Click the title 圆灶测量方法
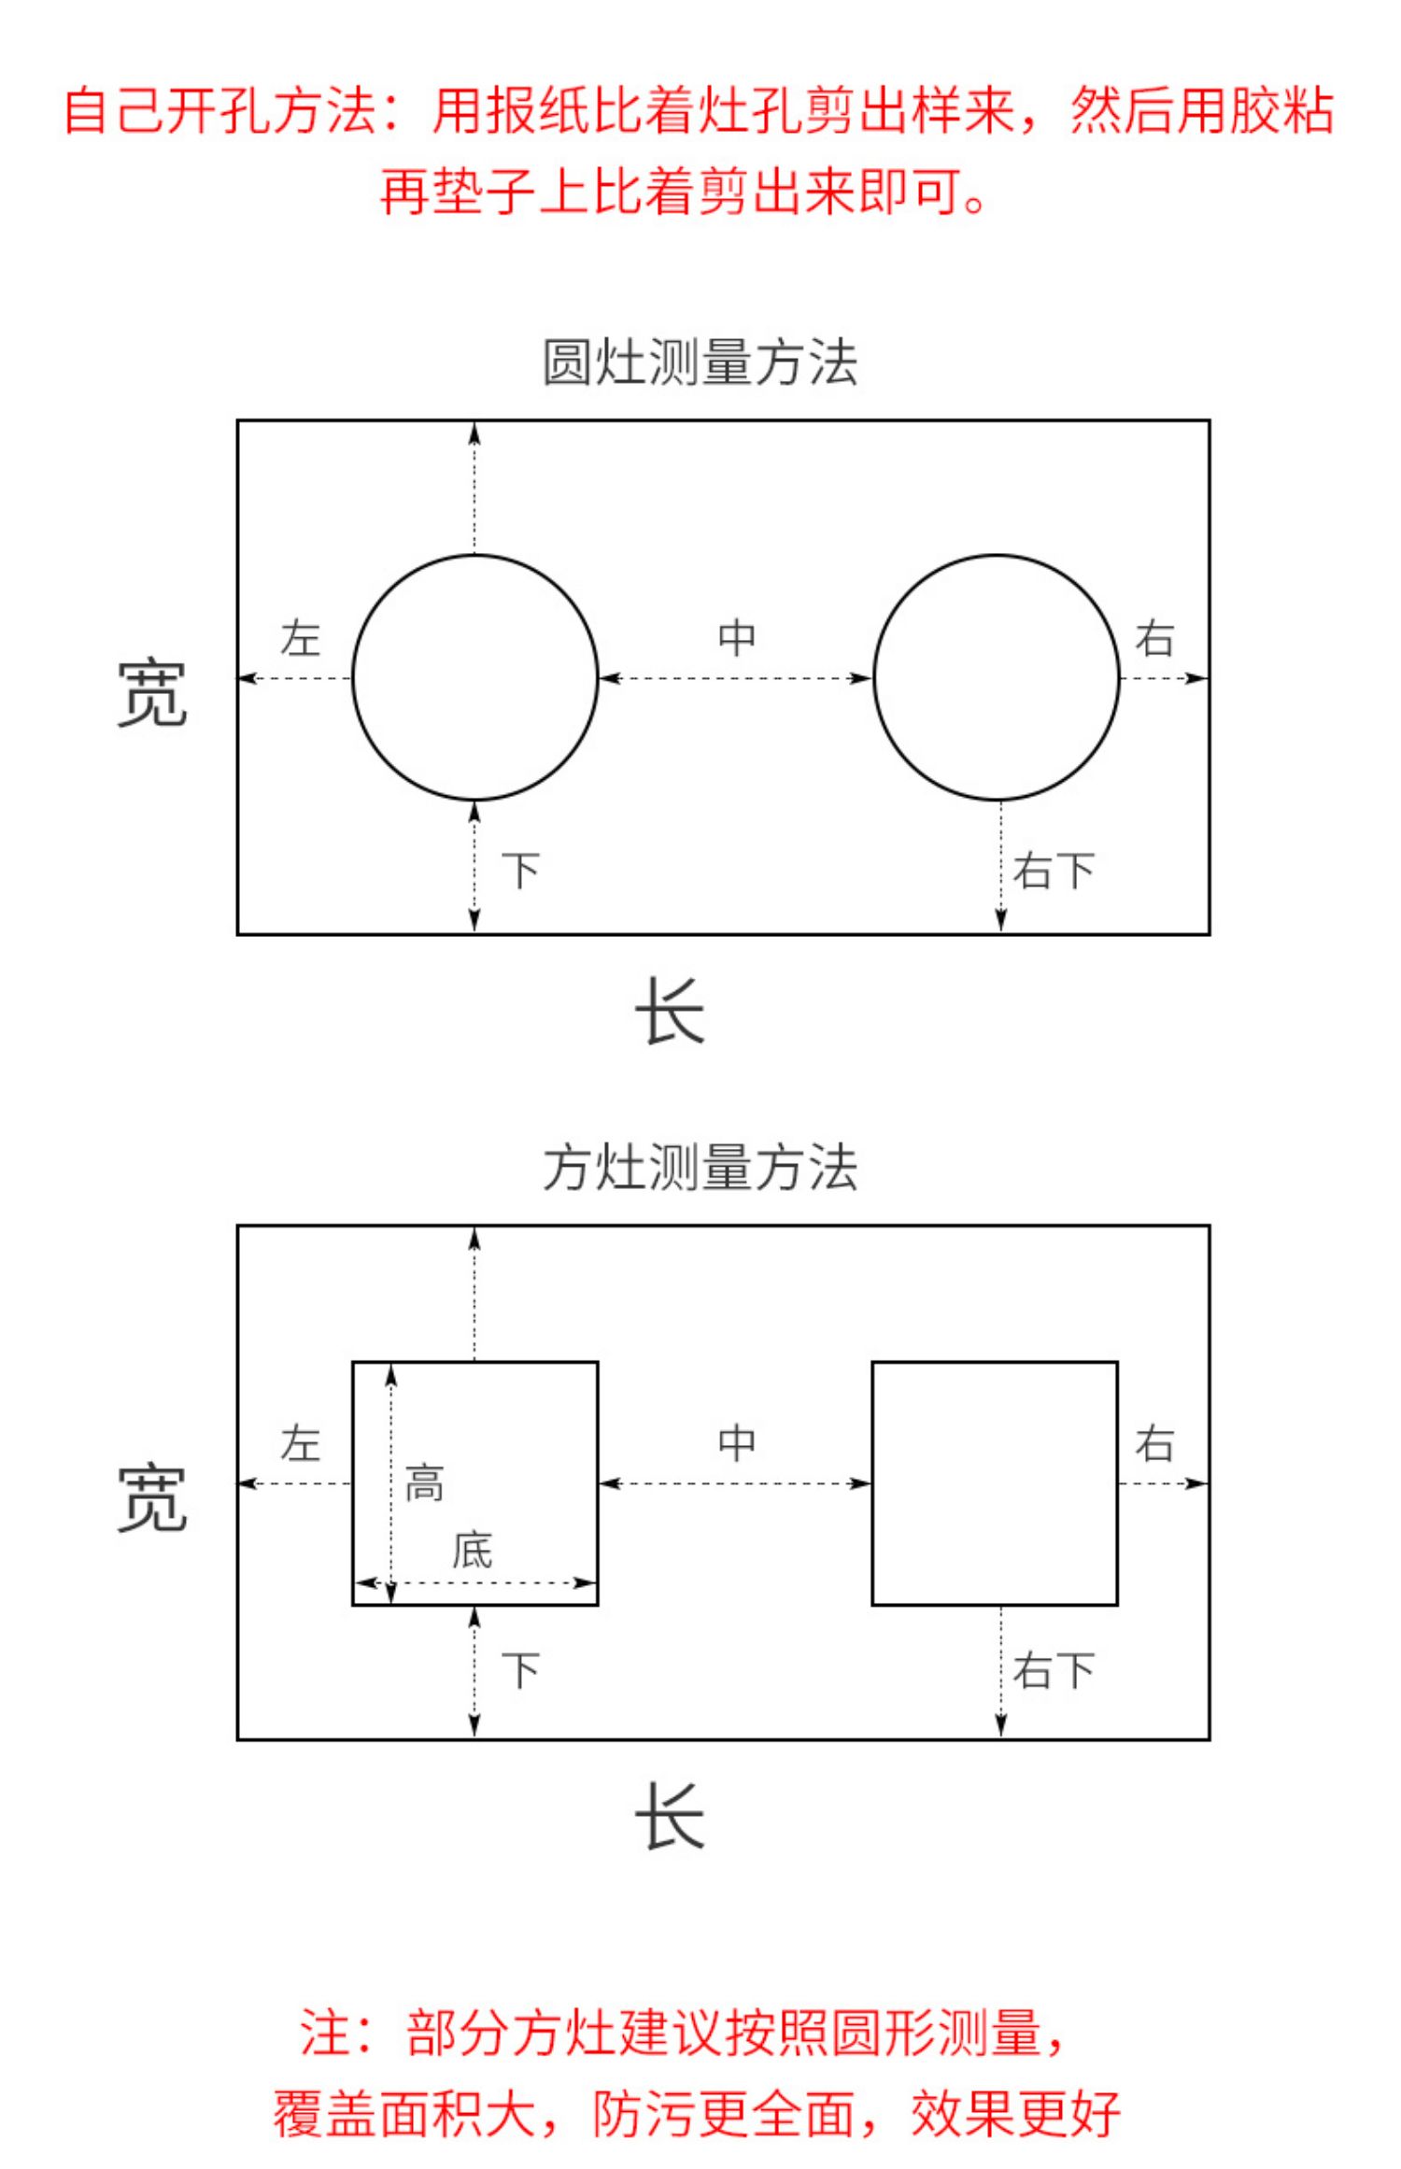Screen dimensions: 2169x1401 point(700,362)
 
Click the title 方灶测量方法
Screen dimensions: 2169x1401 point(700,1168)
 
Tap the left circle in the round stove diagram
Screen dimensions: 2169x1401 point(474,677)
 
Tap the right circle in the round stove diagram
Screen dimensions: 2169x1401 point(997,677)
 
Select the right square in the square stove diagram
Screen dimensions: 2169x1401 point(995,1483)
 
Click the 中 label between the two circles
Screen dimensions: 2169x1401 point(737,638)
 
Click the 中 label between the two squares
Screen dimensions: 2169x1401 point(737,1443)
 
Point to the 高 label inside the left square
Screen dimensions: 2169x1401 point(424,1483)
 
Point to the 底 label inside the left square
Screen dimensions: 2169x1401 point(472,1551)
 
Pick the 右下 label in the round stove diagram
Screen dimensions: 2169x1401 point(1054,871)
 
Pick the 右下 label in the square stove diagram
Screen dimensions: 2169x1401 point(1054,1670)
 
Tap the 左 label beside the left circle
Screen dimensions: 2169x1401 point(301,639)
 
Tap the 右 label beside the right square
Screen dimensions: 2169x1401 point(1154,1444)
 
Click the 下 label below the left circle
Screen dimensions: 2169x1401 point(521,871)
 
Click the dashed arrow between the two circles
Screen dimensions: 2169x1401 point(736,677)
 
